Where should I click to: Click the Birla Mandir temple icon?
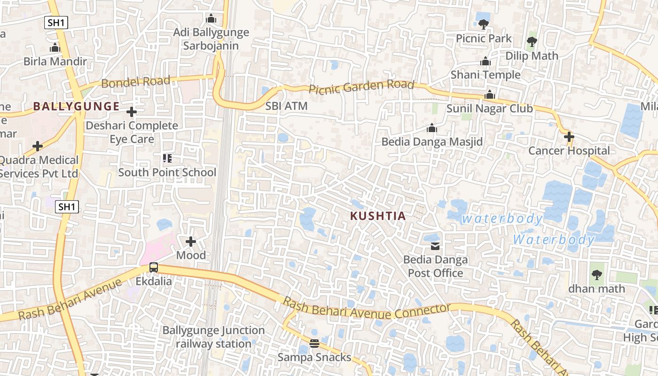55,48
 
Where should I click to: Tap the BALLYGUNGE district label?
76,106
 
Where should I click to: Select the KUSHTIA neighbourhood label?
378,216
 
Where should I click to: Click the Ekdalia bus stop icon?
153,267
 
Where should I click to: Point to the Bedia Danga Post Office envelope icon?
435,246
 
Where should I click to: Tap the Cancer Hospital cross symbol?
569,137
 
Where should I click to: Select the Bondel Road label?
135,82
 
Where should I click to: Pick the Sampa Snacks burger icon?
314,343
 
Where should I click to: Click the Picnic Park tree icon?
483,24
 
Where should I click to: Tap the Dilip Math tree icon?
532,42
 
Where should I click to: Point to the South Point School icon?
167,158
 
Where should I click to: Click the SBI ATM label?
286,106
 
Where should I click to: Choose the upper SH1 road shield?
56,22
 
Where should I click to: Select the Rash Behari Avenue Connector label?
367,311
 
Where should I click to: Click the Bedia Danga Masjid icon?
431,128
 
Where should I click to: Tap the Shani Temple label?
486,75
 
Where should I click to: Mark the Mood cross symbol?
190,242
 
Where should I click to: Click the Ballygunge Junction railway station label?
213,337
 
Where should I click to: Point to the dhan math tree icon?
596,274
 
